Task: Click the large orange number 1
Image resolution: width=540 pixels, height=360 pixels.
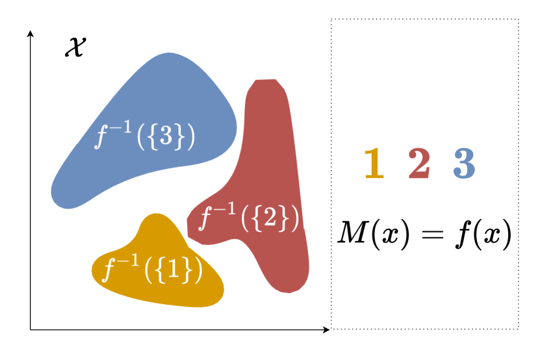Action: (374, 164)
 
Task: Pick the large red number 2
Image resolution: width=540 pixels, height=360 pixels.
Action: (419, 164)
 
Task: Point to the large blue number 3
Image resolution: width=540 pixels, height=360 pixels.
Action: (464, 164)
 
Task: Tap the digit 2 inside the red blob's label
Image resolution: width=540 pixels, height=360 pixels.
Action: (270, 220)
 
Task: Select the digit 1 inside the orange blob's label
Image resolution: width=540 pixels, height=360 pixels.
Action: (174, 270)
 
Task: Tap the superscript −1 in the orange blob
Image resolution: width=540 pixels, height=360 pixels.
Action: (129, 261)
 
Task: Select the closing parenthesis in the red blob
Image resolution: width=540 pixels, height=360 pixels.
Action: (295, 220)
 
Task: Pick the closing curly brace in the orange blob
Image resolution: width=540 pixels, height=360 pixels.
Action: (188, 270)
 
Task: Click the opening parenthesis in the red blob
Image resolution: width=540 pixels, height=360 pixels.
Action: (245, 220)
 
